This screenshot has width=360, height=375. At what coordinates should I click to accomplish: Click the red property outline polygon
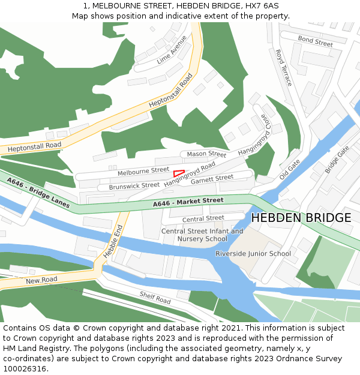pyautogui.click(x=178, y=173)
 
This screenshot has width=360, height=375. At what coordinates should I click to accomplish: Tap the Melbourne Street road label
pyautogui.click(x=143, y=171)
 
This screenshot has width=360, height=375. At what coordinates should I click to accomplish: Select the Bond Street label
pyautogui.click(x=316, y=41)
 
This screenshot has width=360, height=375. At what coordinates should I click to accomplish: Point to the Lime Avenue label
pyautogui.click(x=172, y=50)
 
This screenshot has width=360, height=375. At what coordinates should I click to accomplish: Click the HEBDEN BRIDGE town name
pyautogui.click(x=301, y=218)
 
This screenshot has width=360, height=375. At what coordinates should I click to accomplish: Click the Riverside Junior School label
pyautogui.click(x=253, y=254)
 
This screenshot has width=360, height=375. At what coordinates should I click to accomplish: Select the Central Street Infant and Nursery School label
pyautogui.click(x=202, y=235)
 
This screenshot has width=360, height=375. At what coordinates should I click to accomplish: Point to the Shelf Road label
pyautogui.click(x=155, y=297)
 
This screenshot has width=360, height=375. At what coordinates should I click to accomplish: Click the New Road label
pyautogui.click(x=41, y=280)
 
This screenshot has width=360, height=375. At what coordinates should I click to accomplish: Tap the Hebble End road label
pyautogui.click(x=113, y=241)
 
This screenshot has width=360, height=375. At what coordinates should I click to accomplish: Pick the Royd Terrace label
pyautogui.click(x=283, y=67)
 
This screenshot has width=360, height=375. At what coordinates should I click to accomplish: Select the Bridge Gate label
pyautogui.click(x=337, y=160)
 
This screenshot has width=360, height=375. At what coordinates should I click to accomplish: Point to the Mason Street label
pyautogui.click(x=206, y=154)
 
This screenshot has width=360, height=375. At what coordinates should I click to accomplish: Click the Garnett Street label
pyautogui.click(x=212, y=178)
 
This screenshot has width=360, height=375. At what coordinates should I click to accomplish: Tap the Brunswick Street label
pyautogui.click(x=134, y=186)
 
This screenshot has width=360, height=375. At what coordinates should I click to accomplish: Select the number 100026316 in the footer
pyautogui.click(x=23, y=368)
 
